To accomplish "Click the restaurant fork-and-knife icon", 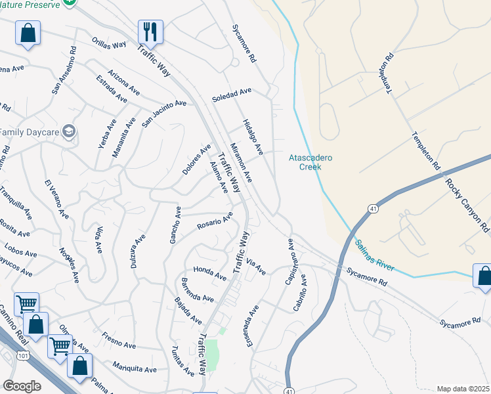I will (150, 31).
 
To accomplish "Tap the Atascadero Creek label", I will (311, 162).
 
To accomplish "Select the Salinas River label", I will (374, 255).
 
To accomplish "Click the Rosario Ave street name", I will (215, 221).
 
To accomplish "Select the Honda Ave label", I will (209, 270).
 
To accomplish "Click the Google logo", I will (22, 385).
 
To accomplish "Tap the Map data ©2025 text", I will (463, 389).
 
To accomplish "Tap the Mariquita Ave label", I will (134, 366).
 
